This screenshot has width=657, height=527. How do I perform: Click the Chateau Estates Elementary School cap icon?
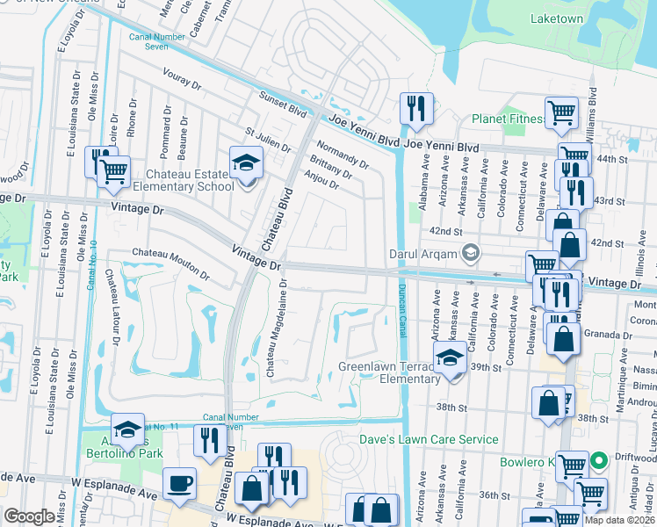[246, 162]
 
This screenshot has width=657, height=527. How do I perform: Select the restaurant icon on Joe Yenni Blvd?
[414, 109]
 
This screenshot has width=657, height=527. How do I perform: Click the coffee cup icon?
[180, 483]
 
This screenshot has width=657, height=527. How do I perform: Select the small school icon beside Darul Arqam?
[472, 254]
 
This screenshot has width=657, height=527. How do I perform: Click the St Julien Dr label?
[267, 140]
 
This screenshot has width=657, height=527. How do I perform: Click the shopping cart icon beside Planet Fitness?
[561, 112]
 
